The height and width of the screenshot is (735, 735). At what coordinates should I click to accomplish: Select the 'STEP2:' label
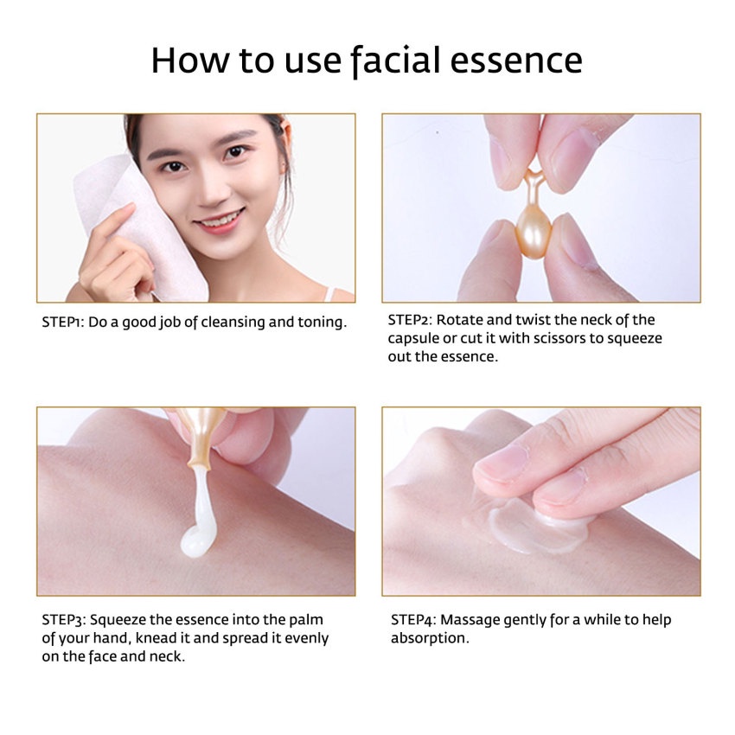[412, 320]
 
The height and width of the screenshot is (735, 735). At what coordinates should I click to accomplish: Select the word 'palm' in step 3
[309, 620]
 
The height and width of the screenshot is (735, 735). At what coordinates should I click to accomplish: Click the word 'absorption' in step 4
[429, 638]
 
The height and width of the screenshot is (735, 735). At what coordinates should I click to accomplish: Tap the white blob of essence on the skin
[195, 541]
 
